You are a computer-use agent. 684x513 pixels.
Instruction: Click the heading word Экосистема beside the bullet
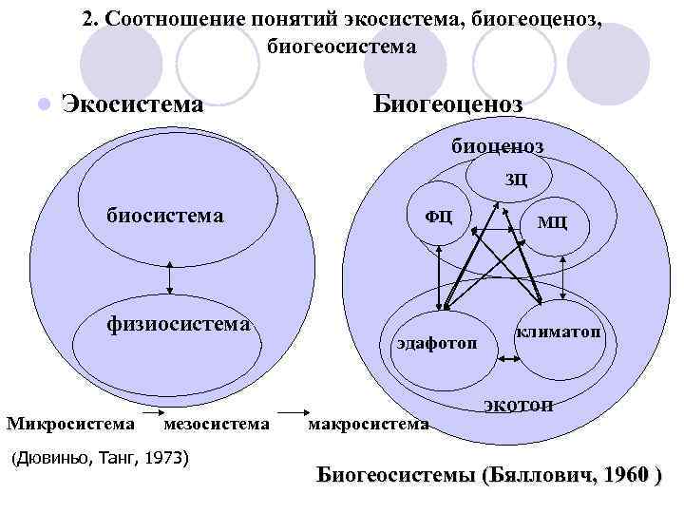pos(132,103)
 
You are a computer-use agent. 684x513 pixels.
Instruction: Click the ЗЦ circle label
pos(515,180)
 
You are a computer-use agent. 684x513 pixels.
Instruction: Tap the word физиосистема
pos(178,324)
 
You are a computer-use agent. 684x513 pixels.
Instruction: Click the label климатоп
pos(558,332)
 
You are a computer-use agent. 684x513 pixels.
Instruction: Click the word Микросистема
pos(70,422)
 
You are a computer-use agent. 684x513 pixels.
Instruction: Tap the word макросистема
pos(369,423)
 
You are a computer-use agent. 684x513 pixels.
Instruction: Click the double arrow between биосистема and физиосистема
pos(168,276)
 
